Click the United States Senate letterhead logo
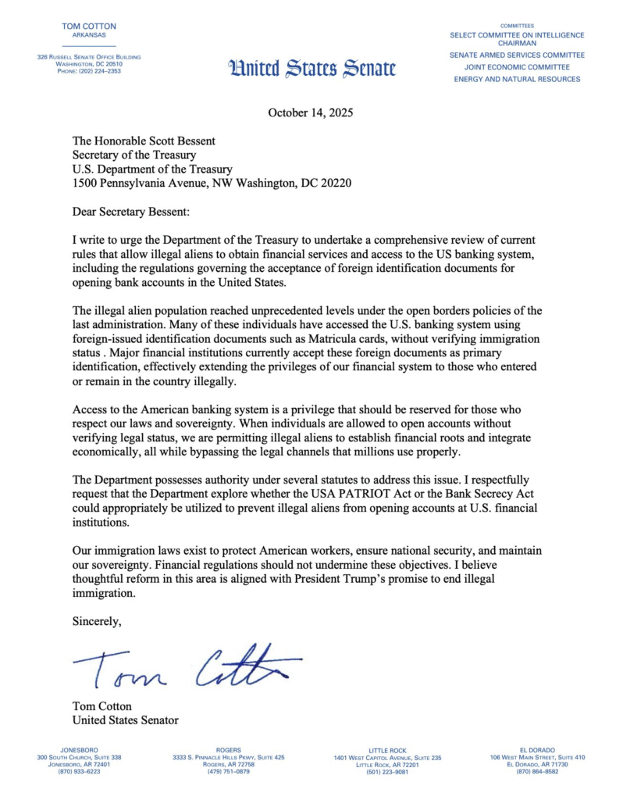tap(311, 68)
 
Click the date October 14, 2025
tap(311, 112)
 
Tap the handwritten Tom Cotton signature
tap(187, 667)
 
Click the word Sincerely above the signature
tap(97, 622)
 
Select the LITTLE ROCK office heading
tap(387, 750)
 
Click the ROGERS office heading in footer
tap(229, 750)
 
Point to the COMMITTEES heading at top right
tap(517, 26)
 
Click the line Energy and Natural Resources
tap(517, 79)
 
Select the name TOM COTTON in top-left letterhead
tap(88, 27)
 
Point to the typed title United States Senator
tap(126, 720)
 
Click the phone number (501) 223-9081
tap(387, 772)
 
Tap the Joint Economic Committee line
tap(517, 67)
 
